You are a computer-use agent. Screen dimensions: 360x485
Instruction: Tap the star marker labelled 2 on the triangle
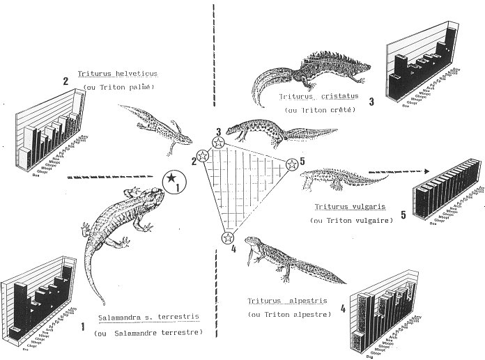tap(203, 155)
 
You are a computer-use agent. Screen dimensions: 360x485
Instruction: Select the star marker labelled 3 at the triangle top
tap(218, 143)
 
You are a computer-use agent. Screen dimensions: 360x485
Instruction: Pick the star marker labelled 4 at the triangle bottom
tap(227, 238)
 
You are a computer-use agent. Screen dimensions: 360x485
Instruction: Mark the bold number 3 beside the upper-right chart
tap(372, 102)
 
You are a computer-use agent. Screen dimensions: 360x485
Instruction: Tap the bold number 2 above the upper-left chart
tap(65, 81)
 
